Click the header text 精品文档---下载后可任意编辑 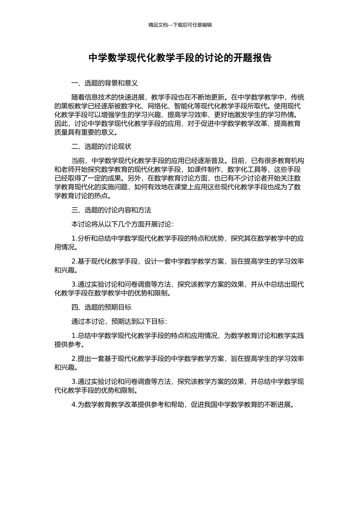point(180,25)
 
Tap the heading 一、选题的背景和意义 point(104,83)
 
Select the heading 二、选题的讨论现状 point(101,147)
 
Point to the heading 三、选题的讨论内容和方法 point(111,210)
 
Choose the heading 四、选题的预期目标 point(101,307)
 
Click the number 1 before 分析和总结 point(74,239)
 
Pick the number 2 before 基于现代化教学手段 point(74,261)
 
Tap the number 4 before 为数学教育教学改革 point(74,404)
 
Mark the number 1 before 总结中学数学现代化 point(74,336)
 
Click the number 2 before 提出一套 point(74,358)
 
